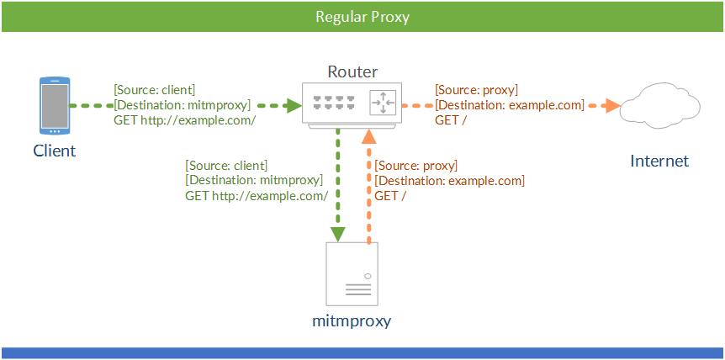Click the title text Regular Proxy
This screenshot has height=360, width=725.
point(362,17)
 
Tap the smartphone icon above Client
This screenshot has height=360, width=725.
point(55,106)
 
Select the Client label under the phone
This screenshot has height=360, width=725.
point(55,151)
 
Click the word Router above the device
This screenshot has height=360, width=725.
point(352,71)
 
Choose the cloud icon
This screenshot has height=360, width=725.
point(659,106)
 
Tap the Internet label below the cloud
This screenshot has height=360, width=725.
point(659,161)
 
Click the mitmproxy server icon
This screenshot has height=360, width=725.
point(352,274)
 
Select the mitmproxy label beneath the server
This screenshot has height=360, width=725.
point(352,321)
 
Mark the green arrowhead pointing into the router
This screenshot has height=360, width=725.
point(293,106)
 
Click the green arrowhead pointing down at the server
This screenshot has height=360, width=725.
point(337,233)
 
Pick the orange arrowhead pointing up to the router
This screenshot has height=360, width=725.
point(368,137)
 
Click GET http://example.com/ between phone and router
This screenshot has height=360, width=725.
point(184,120)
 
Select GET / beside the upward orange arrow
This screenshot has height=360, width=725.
point(390,196)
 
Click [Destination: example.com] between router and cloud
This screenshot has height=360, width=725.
point(509,105)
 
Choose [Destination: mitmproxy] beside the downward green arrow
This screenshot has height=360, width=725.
point(253,180)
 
